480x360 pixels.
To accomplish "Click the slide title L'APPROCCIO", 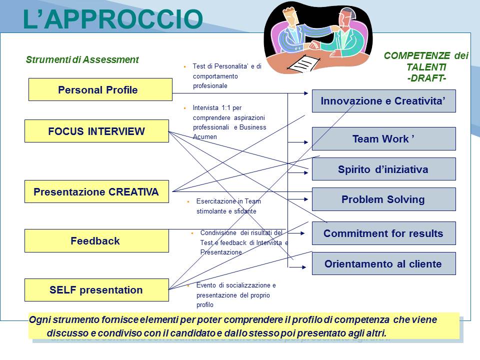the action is [x=113, y=19].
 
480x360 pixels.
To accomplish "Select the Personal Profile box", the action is [x=100, y=89].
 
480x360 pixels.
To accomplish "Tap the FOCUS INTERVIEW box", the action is [x=96, y=131].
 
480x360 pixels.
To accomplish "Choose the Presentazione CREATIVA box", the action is [x=96, y=191].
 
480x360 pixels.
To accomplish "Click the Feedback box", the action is [x=96, y=240].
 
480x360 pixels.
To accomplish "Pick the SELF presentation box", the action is [x=96, y=290].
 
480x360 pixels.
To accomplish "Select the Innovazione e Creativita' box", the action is [x=384, y=101].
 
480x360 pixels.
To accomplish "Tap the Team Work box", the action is [x=384, y=138].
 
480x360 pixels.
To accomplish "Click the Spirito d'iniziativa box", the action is [x=384, y=169].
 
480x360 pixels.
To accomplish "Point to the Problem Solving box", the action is [x=384, y=199].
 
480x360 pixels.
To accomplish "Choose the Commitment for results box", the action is [x=384, y=233].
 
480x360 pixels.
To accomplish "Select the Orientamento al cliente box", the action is [x=384, y=263].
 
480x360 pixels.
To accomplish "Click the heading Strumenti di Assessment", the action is [x=82, y=59].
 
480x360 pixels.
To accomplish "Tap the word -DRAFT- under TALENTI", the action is [x=426, y=78].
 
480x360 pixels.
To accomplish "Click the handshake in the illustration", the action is [x=314, y=46].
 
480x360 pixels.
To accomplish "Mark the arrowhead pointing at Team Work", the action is [x=306, y=142].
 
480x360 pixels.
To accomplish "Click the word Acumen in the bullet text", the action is [x=205, y=137].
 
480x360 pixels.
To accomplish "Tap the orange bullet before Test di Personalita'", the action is [x=184, y=66].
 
